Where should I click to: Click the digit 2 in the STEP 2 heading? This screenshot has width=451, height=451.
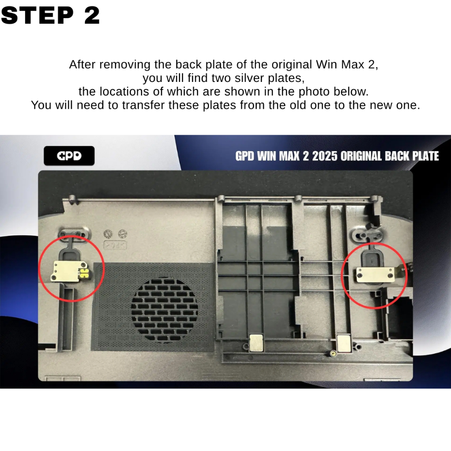coord(92,15)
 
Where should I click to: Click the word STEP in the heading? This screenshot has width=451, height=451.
coord(37,15)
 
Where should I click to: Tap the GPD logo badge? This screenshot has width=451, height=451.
coord(69,155)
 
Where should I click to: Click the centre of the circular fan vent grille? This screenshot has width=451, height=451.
coord(164,309)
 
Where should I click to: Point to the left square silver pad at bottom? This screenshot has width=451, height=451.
coord(256,343)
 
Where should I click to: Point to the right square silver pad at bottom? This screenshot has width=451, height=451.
coord(344,343)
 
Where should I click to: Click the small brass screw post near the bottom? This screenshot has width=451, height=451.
coord(333,353)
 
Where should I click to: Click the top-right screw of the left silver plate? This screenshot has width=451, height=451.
coord(83,265)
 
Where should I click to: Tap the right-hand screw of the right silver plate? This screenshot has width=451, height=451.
coord(390,276)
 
